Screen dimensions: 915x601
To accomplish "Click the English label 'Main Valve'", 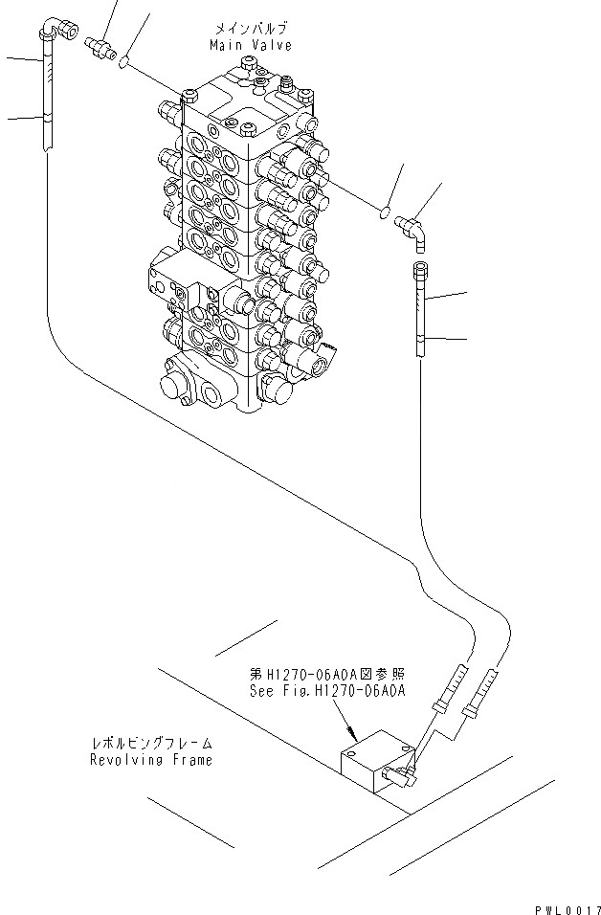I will pos(237,45).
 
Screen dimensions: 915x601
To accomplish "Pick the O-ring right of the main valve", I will pos(384,213).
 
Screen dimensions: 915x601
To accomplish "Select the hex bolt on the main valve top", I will pos(251,64).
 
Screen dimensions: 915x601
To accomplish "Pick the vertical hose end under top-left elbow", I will pos(45,100).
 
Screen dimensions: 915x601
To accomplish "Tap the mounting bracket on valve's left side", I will pos(165,279).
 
